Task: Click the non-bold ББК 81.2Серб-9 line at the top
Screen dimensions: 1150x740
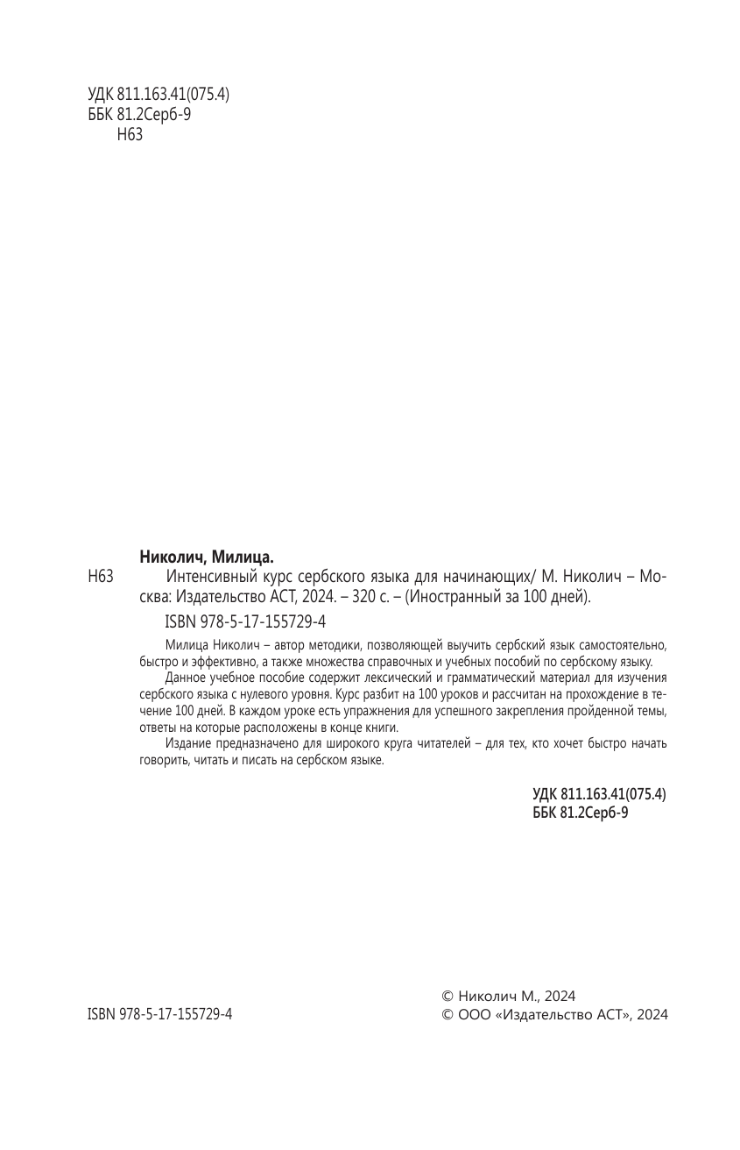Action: tap(139, 115)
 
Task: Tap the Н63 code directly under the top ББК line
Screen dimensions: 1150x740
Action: tap(129, 134)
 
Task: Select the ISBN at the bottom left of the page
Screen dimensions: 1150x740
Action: tap(160, 1014)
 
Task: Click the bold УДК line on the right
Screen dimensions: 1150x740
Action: tap(599, 793)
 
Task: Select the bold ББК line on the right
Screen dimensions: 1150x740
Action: tap(580, 813)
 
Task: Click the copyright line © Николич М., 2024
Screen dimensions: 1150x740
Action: tap(508, 996)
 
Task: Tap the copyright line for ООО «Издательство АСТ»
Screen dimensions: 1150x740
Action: tap(555, 1014)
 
